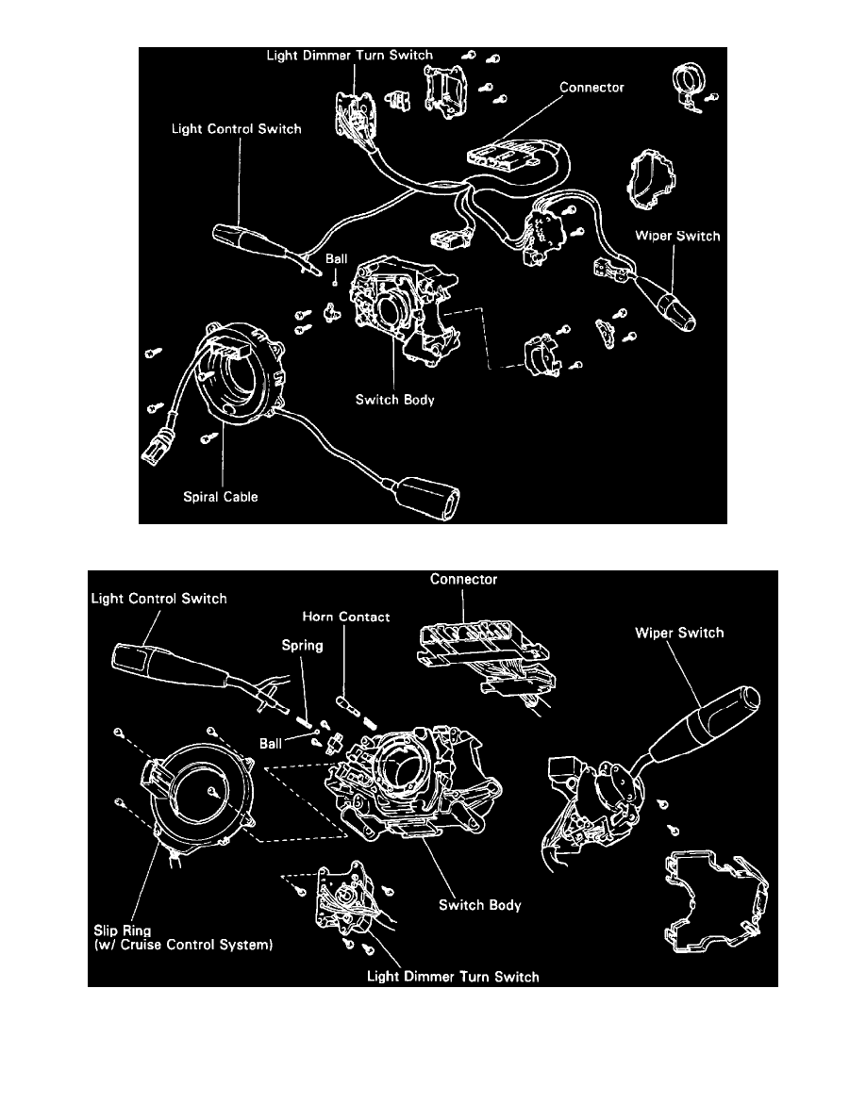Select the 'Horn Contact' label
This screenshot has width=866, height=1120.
click(346, 617)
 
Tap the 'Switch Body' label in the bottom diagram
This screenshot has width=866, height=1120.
click(479, 905)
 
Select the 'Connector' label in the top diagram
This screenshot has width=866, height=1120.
click(591, 88)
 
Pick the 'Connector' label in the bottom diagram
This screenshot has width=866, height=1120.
click(462, 579)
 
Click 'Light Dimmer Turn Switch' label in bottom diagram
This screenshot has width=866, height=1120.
click(453, 976)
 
